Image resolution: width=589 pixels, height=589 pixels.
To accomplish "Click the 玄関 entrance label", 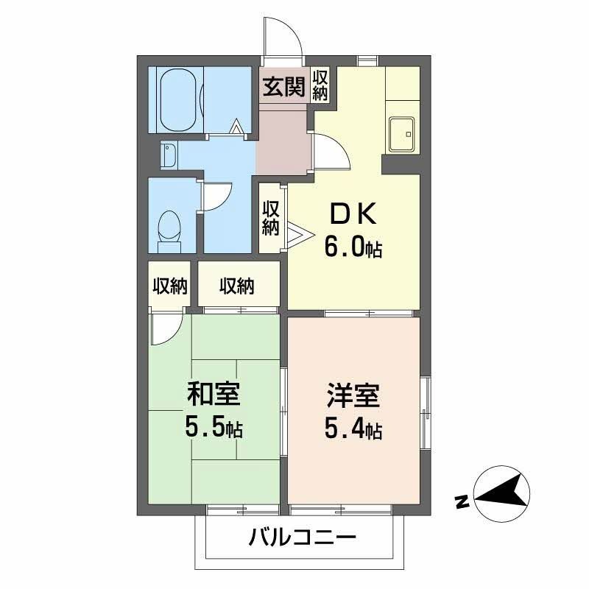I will tap(283, 87).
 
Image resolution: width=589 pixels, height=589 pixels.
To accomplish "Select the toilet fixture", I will tap(170, 228).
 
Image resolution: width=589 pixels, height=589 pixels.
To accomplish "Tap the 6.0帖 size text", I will tap(353, 248).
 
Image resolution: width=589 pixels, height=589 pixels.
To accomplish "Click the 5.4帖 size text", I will tap(353, 428).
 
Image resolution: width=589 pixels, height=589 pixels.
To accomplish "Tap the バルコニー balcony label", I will tap(302, 536).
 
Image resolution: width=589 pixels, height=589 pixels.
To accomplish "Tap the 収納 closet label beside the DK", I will tap(271, 218).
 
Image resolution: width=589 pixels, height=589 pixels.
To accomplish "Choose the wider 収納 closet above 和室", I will tap(236, 286).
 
